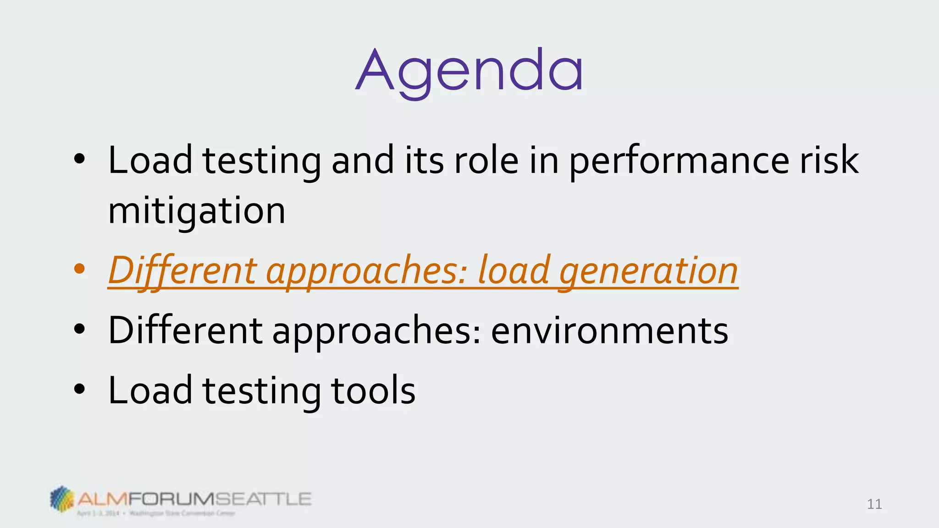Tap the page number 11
[x=874, y=504]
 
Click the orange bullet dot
[x=79, y=269]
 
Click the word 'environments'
[x=609, y=330]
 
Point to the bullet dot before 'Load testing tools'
[x=79, y=389]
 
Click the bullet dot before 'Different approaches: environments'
[x=79, y=329]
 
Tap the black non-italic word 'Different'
[x=185, y=330]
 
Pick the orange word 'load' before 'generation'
[x=513, y=270]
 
